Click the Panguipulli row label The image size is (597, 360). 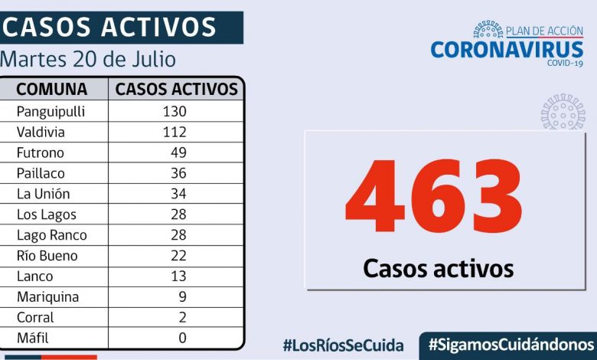[x=51, y=111]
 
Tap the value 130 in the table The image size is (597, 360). [x=175, y=111]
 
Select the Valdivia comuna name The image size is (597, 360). [x=42, y=132]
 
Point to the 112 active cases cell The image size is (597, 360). [x=175, y=132]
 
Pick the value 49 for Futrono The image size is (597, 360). [x=178, y=152]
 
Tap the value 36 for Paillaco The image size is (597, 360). [x=178, y=173]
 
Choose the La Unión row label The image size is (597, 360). [x=43, y=194]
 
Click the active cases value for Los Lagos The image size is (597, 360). [x=178, y=214]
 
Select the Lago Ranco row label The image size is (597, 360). [x=51, y=235]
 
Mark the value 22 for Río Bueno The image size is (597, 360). [x=178, y=256]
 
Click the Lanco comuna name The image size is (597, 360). [x=35, y=277]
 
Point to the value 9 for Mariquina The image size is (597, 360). [x=181, y=297]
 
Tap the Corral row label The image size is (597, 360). [x=35, y=318]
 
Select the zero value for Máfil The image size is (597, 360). [x=181, y=338]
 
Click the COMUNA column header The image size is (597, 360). [x=52, y=89]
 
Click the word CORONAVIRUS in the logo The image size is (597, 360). [x=507, y=50]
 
